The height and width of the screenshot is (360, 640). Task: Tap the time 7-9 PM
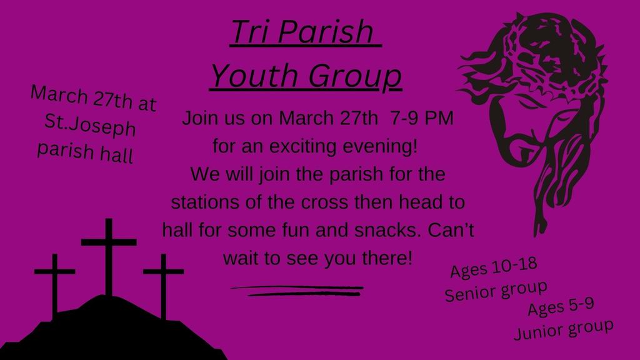coord(419,117)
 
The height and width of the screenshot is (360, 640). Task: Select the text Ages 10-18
coord(494,269)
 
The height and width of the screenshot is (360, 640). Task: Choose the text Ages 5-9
coord(561,307)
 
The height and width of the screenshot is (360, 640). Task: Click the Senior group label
coord(496,291)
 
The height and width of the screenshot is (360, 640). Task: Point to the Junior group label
coord(563,329)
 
